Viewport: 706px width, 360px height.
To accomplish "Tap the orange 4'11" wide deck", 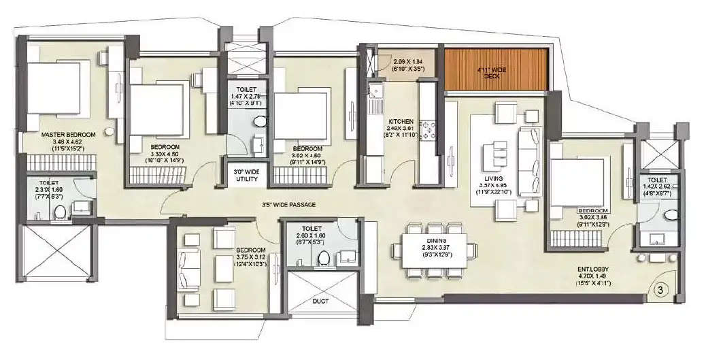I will click(496, 69).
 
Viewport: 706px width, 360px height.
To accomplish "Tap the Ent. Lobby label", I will click(590, 270).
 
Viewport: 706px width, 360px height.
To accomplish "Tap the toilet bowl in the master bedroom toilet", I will click(59, 211).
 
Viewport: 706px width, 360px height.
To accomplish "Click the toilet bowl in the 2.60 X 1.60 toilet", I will click(324, 257).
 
